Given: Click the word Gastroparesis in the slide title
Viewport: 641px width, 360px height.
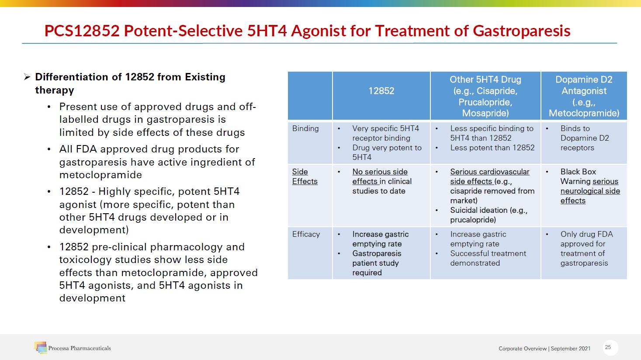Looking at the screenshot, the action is click(521, 31).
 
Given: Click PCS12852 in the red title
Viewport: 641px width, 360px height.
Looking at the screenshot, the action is click(82, 31).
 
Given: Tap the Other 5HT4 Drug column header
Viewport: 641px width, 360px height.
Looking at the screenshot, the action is click(485, 96).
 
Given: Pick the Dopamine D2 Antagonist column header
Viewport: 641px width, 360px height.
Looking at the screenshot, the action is click(584, 96).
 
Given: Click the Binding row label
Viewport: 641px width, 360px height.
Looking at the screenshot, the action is click(305, 128).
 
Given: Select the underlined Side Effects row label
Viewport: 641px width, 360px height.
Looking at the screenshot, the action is click(305, 176).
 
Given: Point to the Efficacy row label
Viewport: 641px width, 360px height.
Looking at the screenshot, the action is click(306, 234).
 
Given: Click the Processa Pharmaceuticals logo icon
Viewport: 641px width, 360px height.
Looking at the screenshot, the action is click(41, 347).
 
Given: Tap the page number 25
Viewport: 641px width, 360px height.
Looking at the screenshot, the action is click(608, 347).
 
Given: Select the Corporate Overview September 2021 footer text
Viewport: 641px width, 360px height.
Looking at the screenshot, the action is click(544, 348).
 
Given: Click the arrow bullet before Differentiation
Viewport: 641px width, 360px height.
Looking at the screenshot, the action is click(27, 77).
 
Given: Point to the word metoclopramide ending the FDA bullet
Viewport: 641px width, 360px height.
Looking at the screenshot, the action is click(100, 175).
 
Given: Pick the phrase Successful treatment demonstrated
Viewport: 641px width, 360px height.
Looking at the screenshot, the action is click(488, 258).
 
